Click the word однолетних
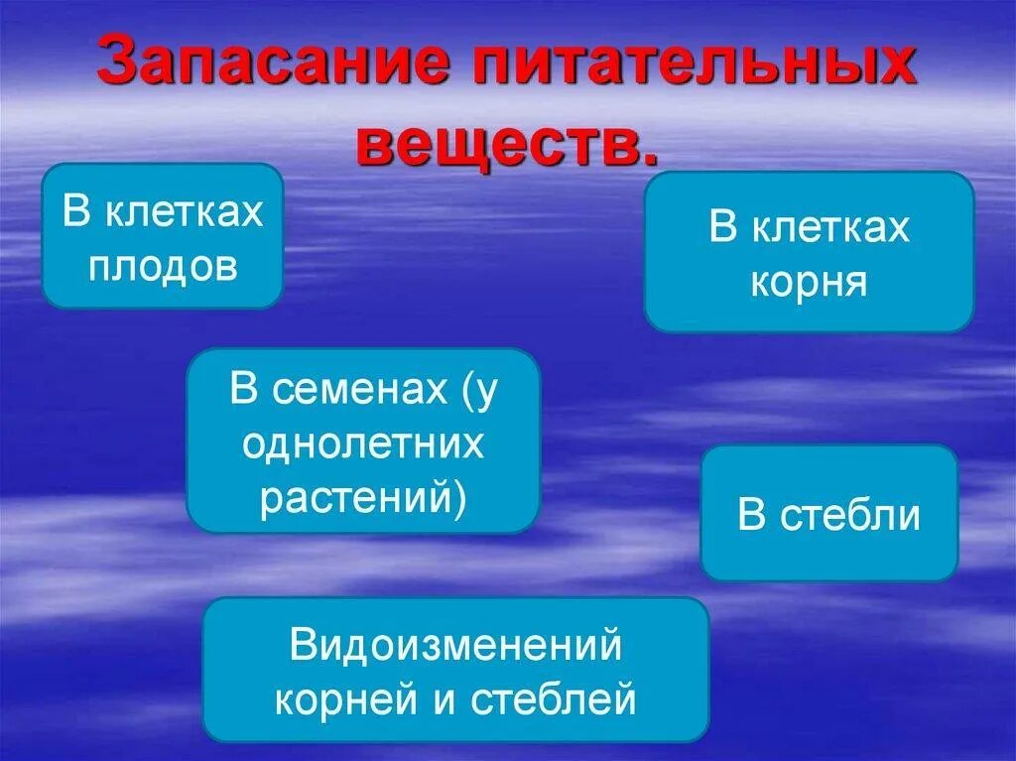click(x=363, y=444)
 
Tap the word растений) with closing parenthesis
click(x=363, y=498)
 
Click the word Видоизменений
click(x=455, y=647)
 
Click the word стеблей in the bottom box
click(x=553, y=700)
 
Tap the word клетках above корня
click(x=829, y=227)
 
